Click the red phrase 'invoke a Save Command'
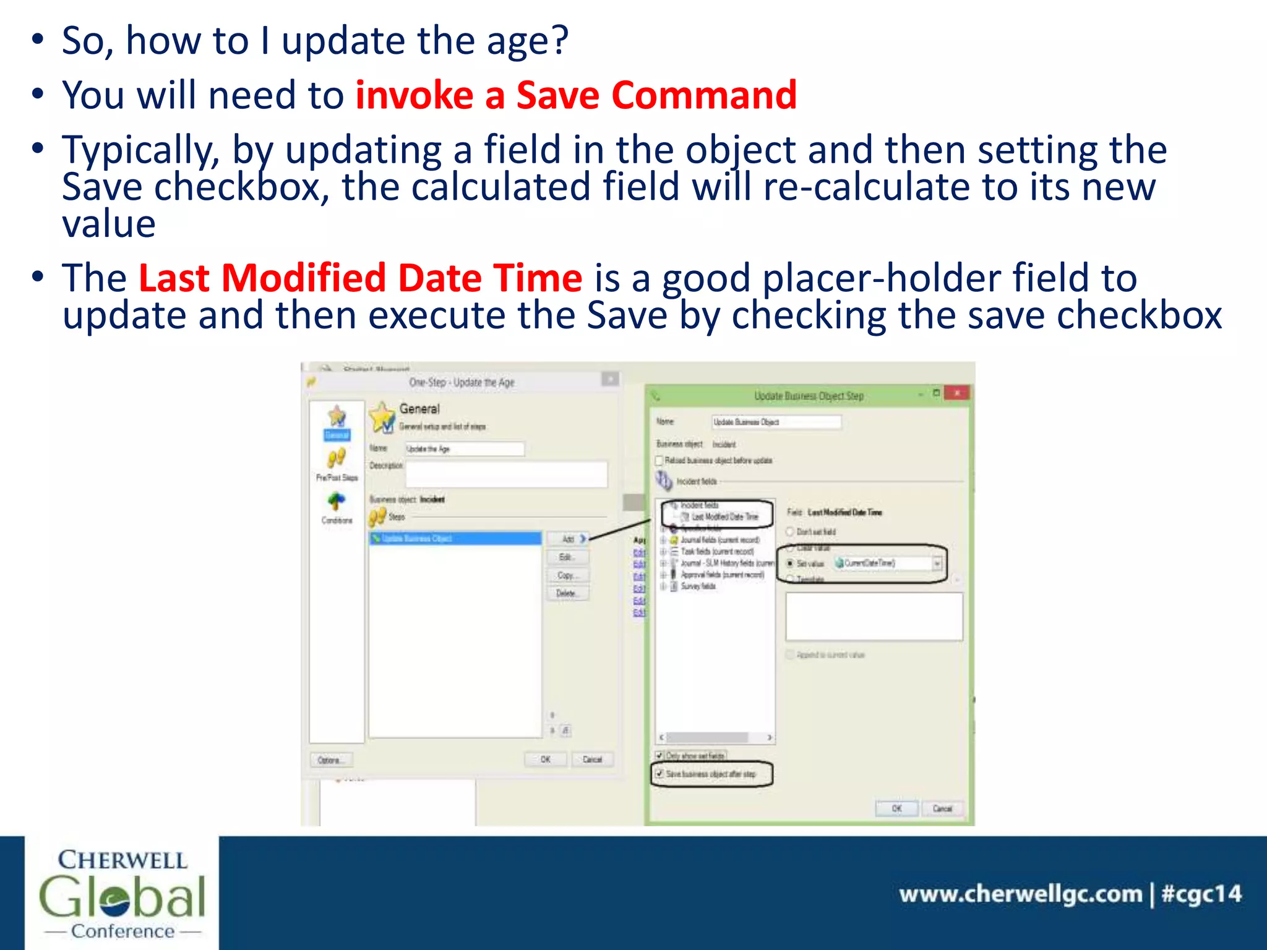click(x=575, y=96)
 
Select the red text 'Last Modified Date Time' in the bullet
click(x=360, y=278)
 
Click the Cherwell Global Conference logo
click(x=122, y=893)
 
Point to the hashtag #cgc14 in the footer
click(x=1201, y=894)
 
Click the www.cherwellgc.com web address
click(x=1020, y=894)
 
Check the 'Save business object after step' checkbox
click(x=659, y=774)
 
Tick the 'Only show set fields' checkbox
click(x=659, y=755)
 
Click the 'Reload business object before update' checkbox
click(x=659, y=460)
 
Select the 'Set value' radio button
click(x=790, y=563)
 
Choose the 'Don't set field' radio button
click(x=790, y=531)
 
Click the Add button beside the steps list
click(x=568, y=539)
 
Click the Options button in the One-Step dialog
click(x=330, y=760)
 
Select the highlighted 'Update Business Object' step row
click(x=455, y=539)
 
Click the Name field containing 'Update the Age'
click(x=464, y=449)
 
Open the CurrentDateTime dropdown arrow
click(x=937, y=563)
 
